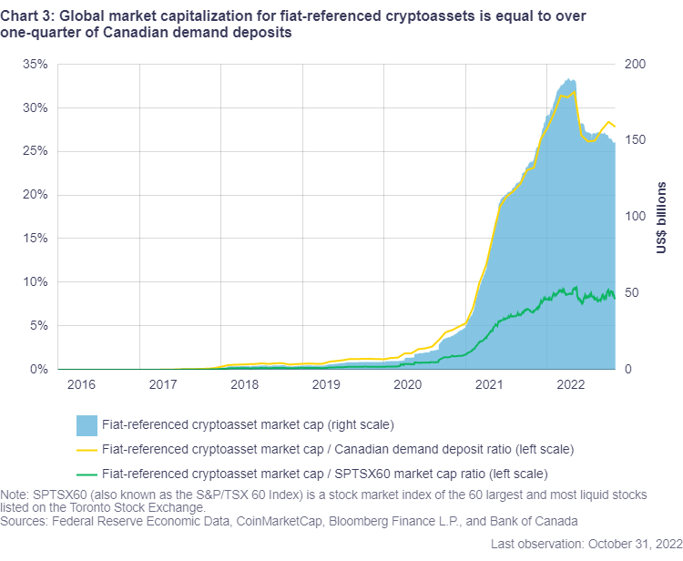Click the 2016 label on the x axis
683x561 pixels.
pos(80,385)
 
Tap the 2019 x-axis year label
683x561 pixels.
pos(326,385)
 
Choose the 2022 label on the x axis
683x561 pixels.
pos(571,385)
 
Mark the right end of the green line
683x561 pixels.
pos(615,298)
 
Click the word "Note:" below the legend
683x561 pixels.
pos(15,495)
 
